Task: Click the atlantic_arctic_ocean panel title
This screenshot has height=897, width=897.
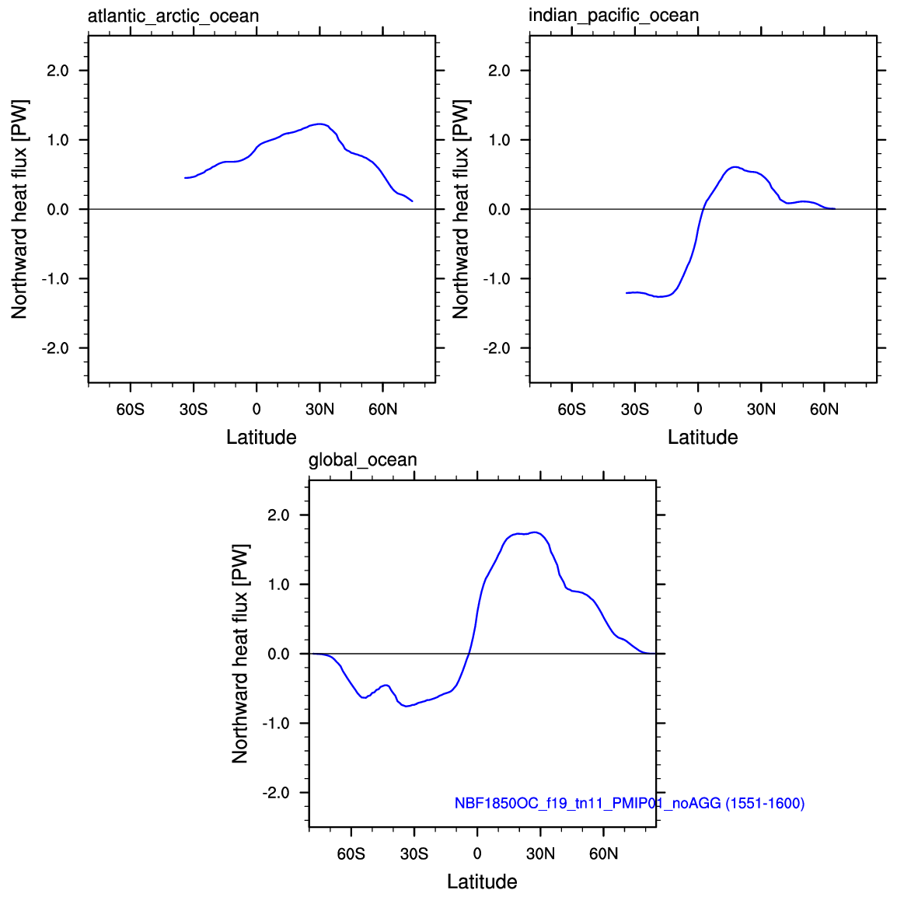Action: point(173,16)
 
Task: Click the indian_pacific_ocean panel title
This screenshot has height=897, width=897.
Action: point(614,15)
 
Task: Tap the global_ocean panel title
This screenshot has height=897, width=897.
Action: point(363,460)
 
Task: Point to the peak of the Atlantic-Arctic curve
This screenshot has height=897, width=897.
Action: point(319,124)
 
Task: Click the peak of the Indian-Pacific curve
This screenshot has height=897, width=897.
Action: point(734,167)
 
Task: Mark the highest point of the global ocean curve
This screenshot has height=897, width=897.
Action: point(535,532)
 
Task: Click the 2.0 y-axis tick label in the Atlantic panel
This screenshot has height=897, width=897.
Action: point(58,71)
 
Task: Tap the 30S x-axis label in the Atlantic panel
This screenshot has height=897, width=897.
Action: point(194,410)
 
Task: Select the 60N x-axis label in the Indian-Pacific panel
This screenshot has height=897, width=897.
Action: point(825,410)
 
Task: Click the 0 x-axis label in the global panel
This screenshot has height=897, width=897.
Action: point(477,854)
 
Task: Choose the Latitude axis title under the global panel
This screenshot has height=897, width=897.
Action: point(482,881)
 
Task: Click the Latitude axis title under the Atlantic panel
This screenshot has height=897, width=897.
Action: point(261,437)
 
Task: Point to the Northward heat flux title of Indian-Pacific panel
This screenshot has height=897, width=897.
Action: point(460,209)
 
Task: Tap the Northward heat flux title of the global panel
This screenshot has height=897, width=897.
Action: point(240,654)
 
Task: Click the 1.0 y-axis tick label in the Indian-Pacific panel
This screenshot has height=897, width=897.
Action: point(500,140)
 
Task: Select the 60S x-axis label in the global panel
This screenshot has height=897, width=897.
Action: point(351,854)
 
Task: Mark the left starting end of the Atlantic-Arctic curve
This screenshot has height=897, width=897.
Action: point(185,178)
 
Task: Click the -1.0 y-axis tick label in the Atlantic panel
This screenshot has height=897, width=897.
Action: point(55,279)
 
